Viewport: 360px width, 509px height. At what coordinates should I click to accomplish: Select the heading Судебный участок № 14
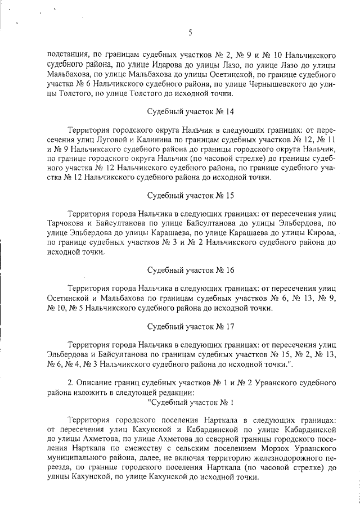190,111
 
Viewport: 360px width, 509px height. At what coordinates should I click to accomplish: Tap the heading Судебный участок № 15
190,196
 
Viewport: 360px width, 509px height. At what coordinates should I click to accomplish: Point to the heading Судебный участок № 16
190,270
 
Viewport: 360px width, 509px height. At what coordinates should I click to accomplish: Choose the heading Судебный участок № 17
190,326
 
